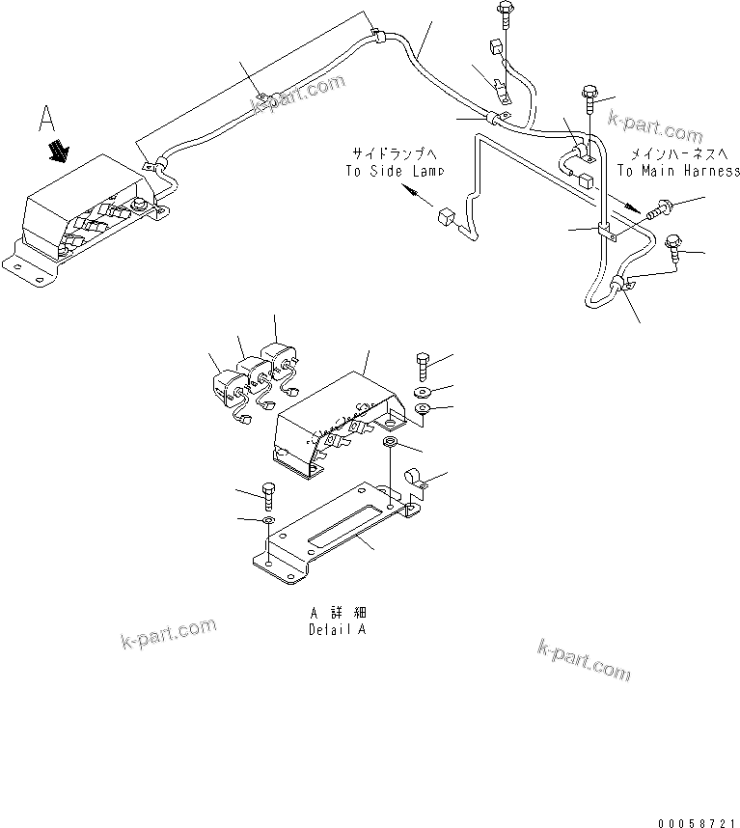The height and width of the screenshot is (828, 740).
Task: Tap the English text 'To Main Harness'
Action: (678, 171)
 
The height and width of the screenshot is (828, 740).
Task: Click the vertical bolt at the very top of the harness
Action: (505, 16)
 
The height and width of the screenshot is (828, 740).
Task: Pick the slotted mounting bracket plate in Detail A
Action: (338, 536)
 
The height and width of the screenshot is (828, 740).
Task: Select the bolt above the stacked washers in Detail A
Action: (424, 368)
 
